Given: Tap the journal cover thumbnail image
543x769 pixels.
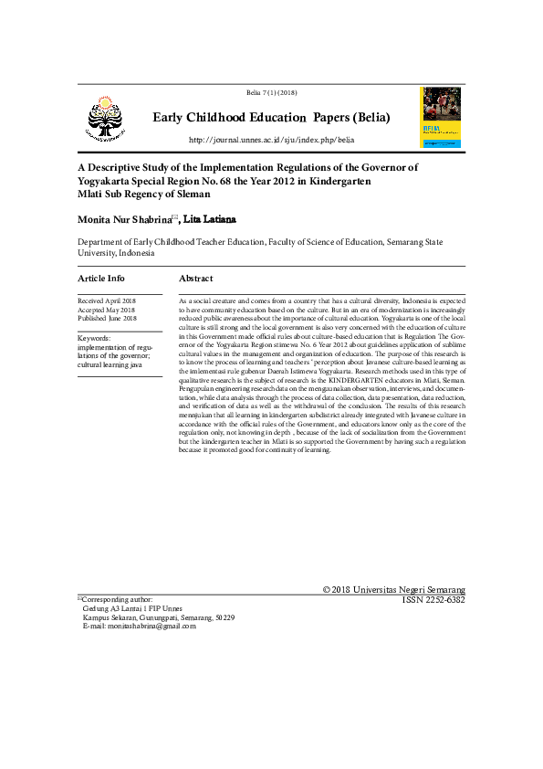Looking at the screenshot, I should tap(440, 117).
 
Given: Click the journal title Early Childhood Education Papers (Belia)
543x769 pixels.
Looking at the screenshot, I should tap(271, 118).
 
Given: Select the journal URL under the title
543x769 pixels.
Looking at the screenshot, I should tap(271, 140).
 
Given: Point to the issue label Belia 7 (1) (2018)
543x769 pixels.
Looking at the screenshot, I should tap(271, 93).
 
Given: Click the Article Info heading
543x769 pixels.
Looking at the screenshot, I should tap(101, 279).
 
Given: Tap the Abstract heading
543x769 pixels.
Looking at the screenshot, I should tap(196, 279).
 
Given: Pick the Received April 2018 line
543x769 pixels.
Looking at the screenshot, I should tap(107, 300).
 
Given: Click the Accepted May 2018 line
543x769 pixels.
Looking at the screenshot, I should tap(106, 310).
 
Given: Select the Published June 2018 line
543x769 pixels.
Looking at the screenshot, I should tap(107, 319).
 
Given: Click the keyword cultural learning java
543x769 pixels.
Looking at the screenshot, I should tap(110, 364).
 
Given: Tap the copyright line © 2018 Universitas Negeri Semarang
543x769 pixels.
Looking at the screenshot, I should tap(394, 590).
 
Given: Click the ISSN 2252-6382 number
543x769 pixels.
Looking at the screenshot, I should tap(433, 600).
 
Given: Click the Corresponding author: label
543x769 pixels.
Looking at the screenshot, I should tap(118, 599).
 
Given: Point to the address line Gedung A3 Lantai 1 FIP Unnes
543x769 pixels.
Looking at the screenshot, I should tap(131, 608).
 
